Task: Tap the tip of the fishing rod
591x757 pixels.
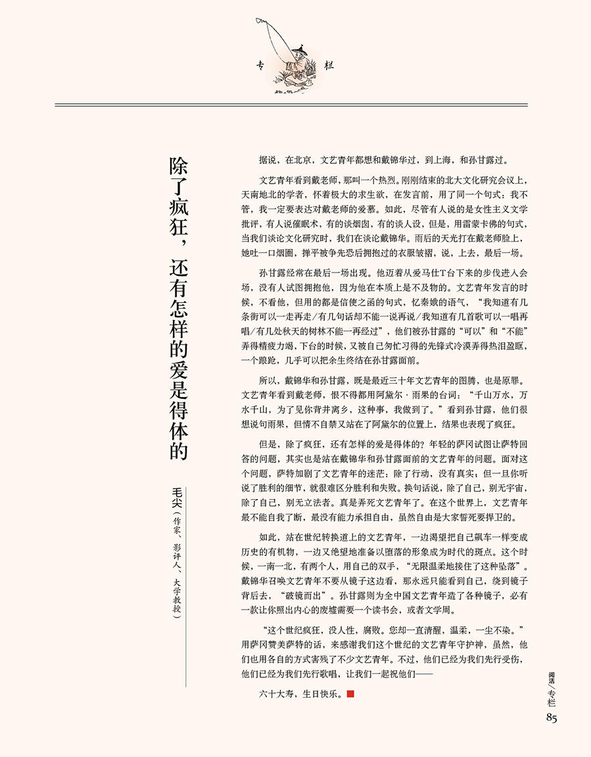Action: click(258, 19)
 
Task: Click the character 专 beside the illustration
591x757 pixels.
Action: click(260, 65)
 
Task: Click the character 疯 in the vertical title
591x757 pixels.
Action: click(179, 207)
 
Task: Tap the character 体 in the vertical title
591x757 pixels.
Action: click(179, 419)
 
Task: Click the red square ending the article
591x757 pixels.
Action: click(350, 694)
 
